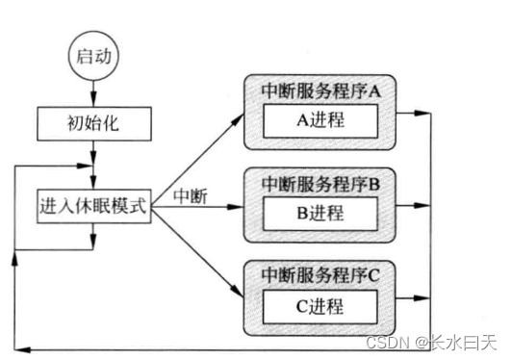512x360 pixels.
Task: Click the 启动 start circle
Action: click(93, 57)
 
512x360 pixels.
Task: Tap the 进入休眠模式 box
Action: click(94, 205)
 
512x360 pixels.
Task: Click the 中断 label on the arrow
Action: click(191, 195)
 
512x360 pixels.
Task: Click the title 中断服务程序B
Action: click(321, 181)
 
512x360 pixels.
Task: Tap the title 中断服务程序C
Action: click(321, 274)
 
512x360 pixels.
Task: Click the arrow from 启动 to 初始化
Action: click(93, 92)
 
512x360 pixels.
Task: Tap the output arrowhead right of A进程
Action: click(416, 113)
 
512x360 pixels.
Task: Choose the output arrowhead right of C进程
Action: click(416, 298)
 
